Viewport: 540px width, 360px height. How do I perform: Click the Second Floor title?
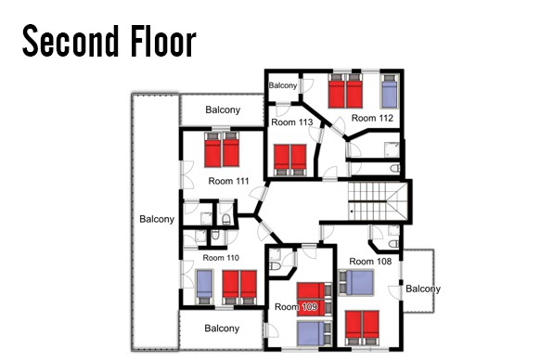click(x=109, y=41)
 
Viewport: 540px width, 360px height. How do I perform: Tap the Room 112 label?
click(x=372, y=118)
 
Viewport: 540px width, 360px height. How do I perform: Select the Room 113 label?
click(x=292, y=122)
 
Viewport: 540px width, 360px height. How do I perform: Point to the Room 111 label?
click(x=228, y=181)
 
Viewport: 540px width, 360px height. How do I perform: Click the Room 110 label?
click(x=221, y=258)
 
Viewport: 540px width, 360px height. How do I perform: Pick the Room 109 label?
click(x=296, y=306)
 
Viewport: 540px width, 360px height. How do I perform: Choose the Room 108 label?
click(x=370, y=262)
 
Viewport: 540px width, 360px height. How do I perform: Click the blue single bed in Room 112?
click(x=389, y=91)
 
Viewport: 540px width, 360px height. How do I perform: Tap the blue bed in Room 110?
click(x=204, y=287)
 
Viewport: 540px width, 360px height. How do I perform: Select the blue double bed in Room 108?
click(x=355, y=283)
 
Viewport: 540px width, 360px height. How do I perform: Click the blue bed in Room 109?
click(x=315, y=333)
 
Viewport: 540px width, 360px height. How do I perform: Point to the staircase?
click(x=378, y=201)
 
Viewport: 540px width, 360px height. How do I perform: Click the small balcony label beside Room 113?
click(x=283, y=85)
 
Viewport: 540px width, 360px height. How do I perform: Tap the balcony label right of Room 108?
click(x=423, y=289)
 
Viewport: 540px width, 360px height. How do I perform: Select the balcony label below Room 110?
click(x=222, y=328)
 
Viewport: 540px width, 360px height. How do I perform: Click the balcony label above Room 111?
click(x=223, y=109)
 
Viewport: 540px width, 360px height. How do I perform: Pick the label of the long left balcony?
click(x=157, y=219)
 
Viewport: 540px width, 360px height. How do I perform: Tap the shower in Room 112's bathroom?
click(x=392, y=149)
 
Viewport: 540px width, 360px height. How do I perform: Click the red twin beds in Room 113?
click(x=290, y=161)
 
